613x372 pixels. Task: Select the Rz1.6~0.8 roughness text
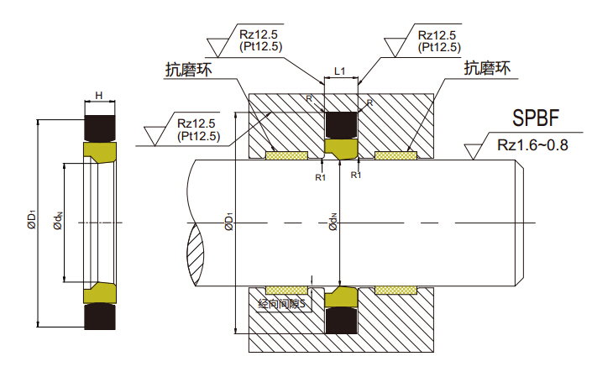(x=533, y=144)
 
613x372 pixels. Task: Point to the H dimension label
(x=98, y=95)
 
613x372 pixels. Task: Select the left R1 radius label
(x=320, y=177)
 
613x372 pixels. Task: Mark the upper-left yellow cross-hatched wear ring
(x=286, y=155)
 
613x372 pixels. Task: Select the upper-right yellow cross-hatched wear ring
(x=396, y=155)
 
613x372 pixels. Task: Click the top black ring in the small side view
(x=99, y=127)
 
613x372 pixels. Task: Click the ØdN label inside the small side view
(x=58, y=221)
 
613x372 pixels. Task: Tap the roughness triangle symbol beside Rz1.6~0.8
(x=474, y=150)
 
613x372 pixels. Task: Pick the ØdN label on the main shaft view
(x=333, y=223)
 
